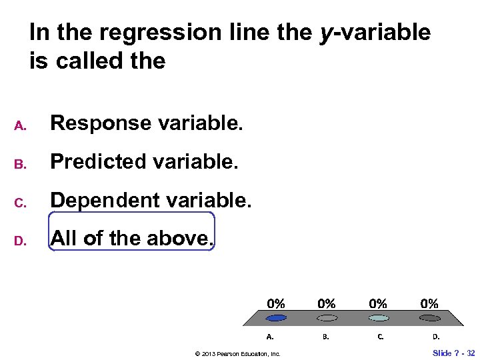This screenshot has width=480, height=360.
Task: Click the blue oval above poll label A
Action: [277, 318]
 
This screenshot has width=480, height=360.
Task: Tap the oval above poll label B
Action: [327, 318]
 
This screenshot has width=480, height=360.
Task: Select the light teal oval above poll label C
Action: [378, 318]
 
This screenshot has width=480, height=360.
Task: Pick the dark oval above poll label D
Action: [429, 318]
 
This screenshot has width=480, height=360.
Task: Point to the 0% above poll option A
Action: [277, 303]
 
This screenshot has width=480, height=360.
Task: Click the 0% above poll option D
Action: [429, 303]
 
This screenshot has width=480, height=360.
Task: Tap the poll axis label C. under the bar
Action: [381, 337]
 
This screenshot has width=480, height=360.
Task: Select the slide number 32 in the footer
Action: [470, 353]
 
